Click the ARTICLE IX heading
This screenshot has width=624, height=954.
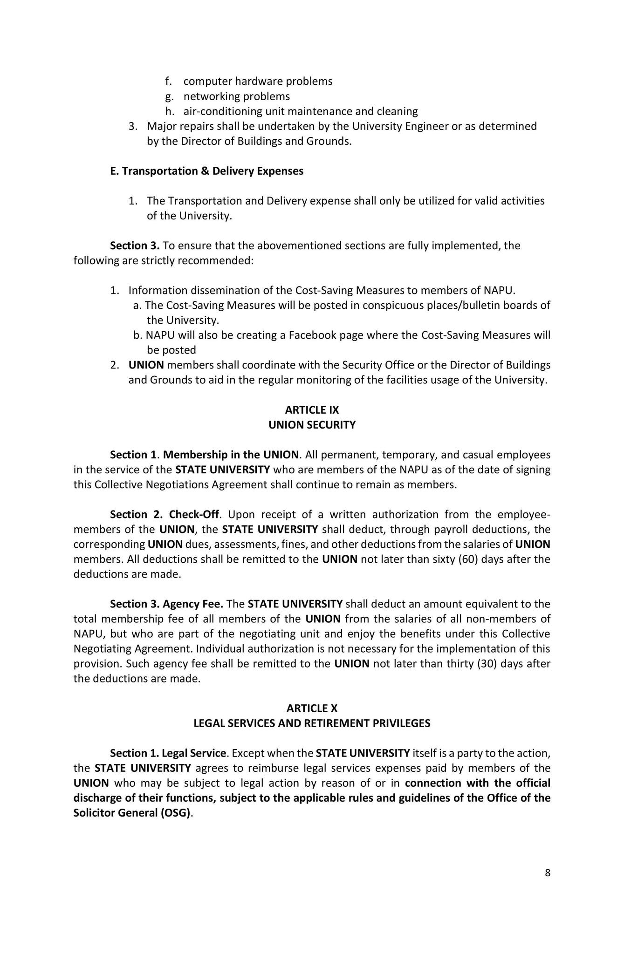click(x=312, y=410)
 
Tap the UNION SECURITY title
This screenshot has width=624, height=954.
click(x=312, y=425)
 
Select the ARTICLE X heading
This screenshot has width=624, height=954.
click(x=312, y=709)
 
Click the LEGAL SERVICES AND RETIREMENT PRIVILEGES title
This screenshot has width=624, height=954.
click(x=312, y=723)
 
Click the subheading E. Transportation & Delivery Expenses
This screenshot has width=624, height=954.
click(x=206, y=171)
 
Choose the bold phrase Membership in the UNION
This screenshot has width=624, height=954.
click(x=231, y=455)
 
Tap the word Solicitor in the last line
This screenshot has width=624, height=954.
click(x=94, y=813)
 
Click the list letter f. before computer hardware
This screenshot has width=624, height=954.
click(x=168, y=82)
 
